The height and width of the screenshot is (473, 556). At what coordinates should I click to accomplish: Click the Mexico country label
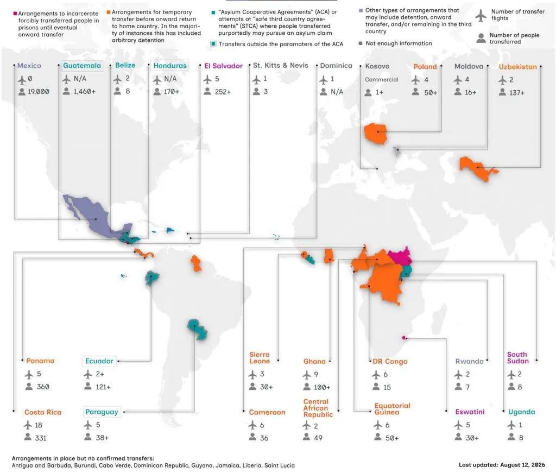(x=29, y=66)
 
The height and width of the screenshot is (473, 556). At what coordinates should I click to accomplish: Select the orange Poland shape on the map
(x=375, y=133)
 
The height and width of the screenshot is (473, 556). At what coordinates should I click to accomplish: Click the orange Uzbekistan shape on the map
(x=477, y=168)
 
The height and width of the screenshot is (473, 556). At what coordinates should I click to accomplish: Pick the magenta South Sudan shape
(x=400, y=256)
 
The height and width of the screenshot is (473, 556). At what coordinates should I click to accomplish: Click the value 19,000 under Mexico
(x=39, y=91)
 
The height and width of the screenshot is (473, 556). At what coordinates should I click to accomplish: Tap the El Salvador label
(x=223, y=66)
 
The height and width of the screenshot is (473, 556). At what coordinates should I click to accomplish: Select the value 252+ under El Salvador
(x=223, y=92)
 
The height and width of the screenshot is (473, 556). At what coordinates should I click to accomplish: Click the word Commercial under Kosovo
(x=382, y=79)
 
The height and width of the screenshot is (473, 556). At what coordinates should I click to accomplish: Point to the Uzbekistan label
(x=517, y=67)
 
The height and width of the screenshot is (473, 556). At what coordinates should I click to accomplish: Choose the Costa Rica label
(x=43, y=412)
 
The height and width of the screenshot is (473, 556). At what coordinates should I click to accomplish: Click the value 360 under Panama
(x=43, y=387)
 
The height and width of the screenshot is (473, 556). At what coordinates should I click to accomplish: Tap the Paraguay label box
(x=102, y=412)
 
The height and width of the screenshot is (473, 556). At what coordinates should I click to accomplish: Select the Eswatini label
(x=470, y=412)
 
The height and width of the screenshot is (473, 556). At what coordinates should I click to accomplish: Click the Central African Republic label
(x=318, y=408)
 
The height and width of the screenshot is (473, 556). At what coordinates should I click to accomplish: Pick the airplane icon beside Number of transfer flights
(x=481, y=15)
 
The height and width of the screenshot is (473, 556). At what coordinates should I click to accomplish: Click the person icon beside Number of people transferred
(x=481, y=39)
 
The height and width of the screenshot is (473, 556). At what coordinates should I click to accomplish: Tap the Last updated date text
(x=502, y=465)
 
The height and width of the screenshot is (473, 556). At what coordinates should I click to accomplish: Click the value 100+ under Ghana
(x=322, y=388)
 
